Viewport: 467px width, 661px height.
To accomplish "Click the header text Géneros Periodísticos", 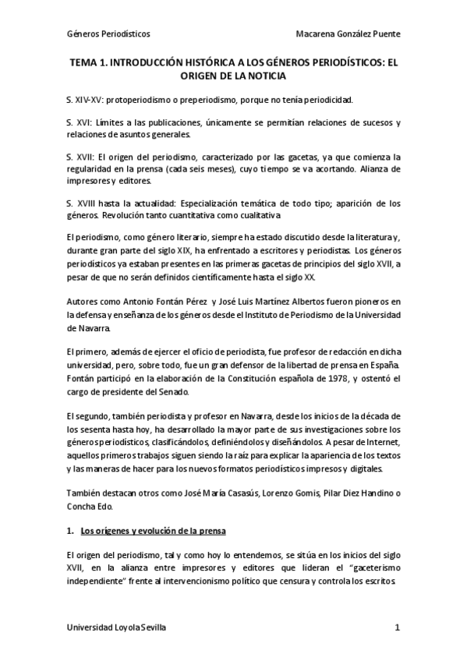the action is [108, 34].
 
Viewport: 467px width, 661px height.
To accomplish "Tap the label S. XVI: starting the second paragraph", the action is [80, 125].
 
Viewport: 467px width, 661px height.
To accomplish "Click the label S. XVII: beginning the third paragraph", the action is [81, 156].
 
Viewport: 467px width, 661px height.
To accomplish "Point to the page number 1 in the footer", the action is [398, 627].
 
